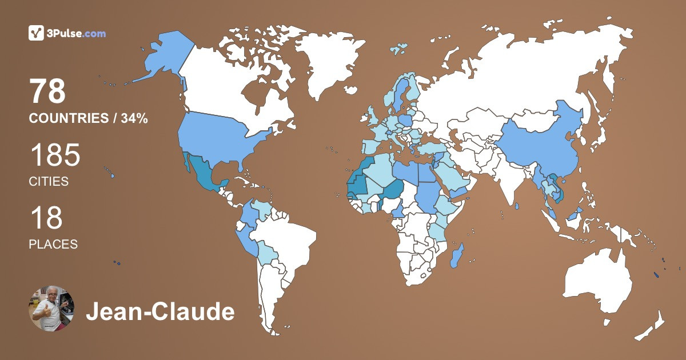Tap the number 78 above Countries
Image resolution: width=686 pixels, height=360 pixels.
tap(48, 91)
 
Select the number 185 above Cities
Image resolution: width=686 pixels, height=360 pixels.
tap(54, 155)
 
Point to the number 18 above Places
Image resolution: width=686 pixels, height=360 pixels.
tap(46, 218)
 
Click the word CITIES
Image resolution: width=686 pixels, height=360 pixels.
tap(49, 182)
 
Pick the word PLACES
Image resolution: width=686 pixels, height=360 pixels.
tap(53, 244)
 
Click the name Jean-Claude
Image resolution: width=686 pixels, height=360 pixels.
tap(160, 313)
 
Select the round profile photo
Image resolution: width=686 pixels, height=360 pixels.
tap(51, 309)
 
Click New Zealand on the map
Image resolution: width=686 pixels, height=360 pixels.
tap(652, 326)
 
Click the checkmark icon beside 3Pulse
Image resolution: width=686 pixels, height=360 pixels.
tap(36, 33)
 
